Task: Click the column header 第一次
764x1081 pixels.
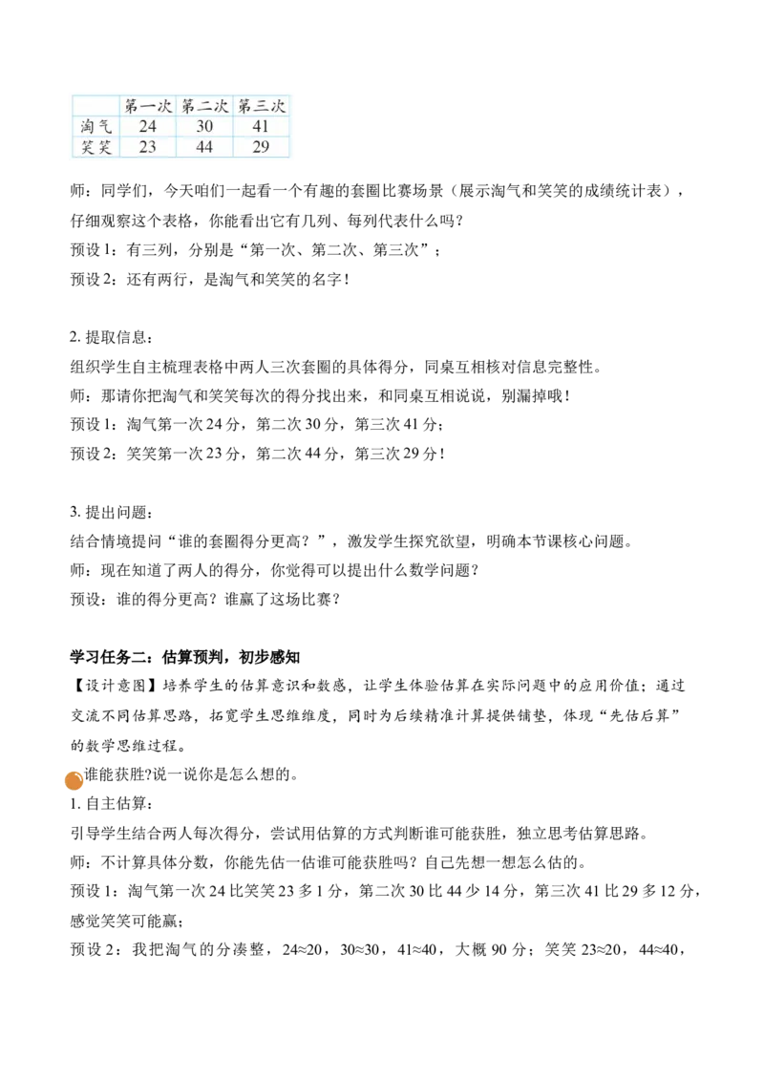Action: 148,106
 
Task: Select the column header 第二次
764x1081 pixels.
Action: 204,106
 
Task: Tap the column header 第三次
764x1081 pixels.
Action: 261,106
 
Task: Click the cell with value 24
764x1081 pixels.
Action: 148,126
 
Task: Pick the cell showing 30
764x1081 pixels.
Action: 204,126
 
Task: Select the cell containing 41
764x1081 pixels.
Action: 261,126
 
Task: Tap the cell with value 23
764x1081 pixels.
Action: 148,146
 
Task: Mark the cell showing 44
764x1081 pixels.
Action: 204,146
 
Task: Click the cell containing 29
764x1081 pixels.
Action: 261,146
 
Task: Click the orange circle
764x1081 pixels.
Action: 74,781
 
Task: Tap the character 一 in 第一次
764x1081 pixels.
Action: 148,106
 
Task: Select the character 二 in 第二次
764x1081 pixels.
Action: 204,106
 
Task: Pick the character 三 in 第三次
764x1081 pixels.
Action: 261,106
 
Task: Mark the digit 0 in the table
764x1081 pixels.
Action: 209,126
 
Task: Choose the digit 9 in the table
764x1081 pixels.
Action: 265,146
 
